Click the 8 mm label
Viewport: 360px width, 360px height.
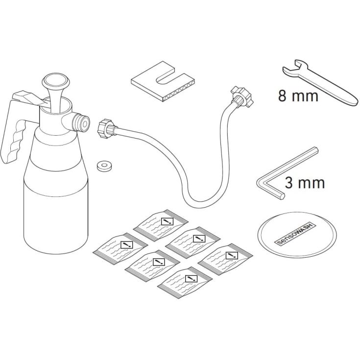[x=298, y=96]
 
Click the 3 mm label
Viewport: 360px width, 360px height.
[x=305, y=183]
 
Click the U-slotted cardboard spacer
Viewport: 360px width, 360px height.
[x=163, y=82]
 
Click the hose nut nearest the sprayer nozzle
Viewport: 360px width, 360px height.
[x=105, y=129]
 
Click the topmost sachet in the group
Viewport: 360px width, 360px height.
[x=161, y=224]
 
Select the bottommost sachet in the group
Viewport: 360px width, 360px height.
[x=185, y=282]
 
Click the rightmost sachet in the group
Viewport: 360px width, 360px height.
[x=225, y=259]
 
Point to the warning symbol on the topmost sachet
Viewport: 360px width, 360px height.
[x=168, y=221]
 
